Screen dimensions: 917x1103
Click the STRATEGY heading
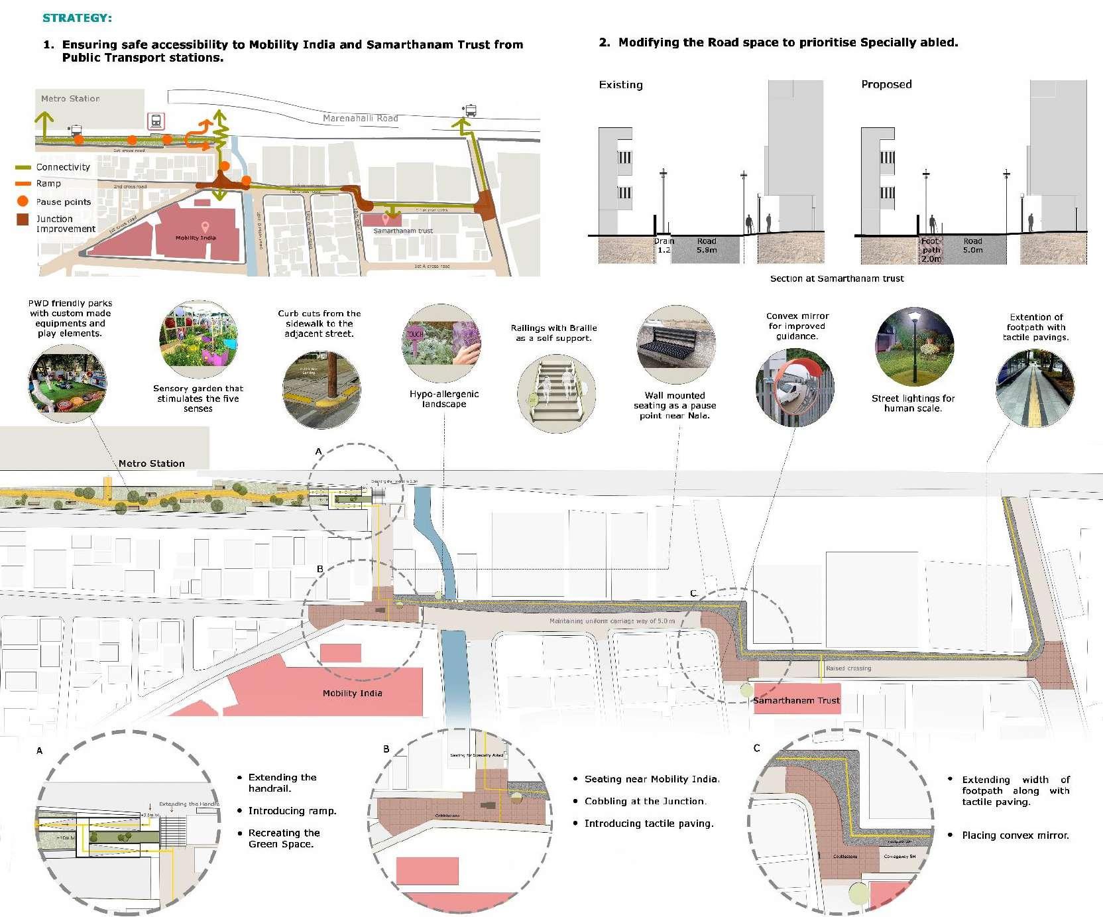click(77, 18)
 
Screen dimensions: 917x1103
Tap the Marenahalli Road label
click(360, 118)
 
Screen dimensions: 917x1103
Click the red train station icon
click(156, 121)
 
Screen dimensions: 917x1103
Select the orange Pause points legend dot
click(23, 201)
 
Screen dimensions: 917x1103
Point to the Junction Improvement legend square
click(23, 219)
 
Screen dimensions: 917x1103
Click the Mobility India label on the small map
click(196, 237)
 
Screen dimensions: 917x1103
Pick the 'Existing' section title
click(620, 85)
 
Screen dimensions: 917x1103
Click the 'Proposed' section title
click(886, 84)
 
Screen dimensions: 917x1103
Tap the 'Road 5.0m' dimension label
click(972, 246)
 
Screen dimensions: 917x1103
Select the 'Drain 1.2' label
click(664, 246)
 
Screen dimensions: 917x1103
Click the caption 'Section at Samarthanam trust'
click(837, 278)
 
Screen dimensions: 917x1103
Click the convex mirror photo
click(795, 387)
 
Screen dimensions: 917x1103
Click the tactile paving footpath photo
click(1035, 387)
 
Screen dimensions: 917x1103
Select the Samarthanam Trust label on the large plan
click(796, 700)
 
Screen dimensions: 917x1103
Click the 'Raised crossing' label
click(848, 668)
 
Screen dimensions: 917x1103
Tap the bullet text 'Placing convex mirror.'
click(1015, 835)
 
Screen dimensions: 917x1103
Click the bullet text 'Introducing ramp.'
click(292, 811)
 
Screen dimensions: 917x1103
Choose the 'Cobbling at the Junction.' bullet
click(645, 801)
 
